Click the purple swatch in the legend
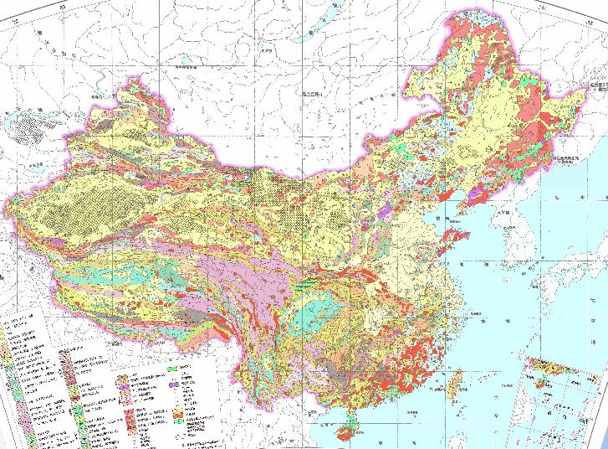pyautogui.click(x=177, y=385)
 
